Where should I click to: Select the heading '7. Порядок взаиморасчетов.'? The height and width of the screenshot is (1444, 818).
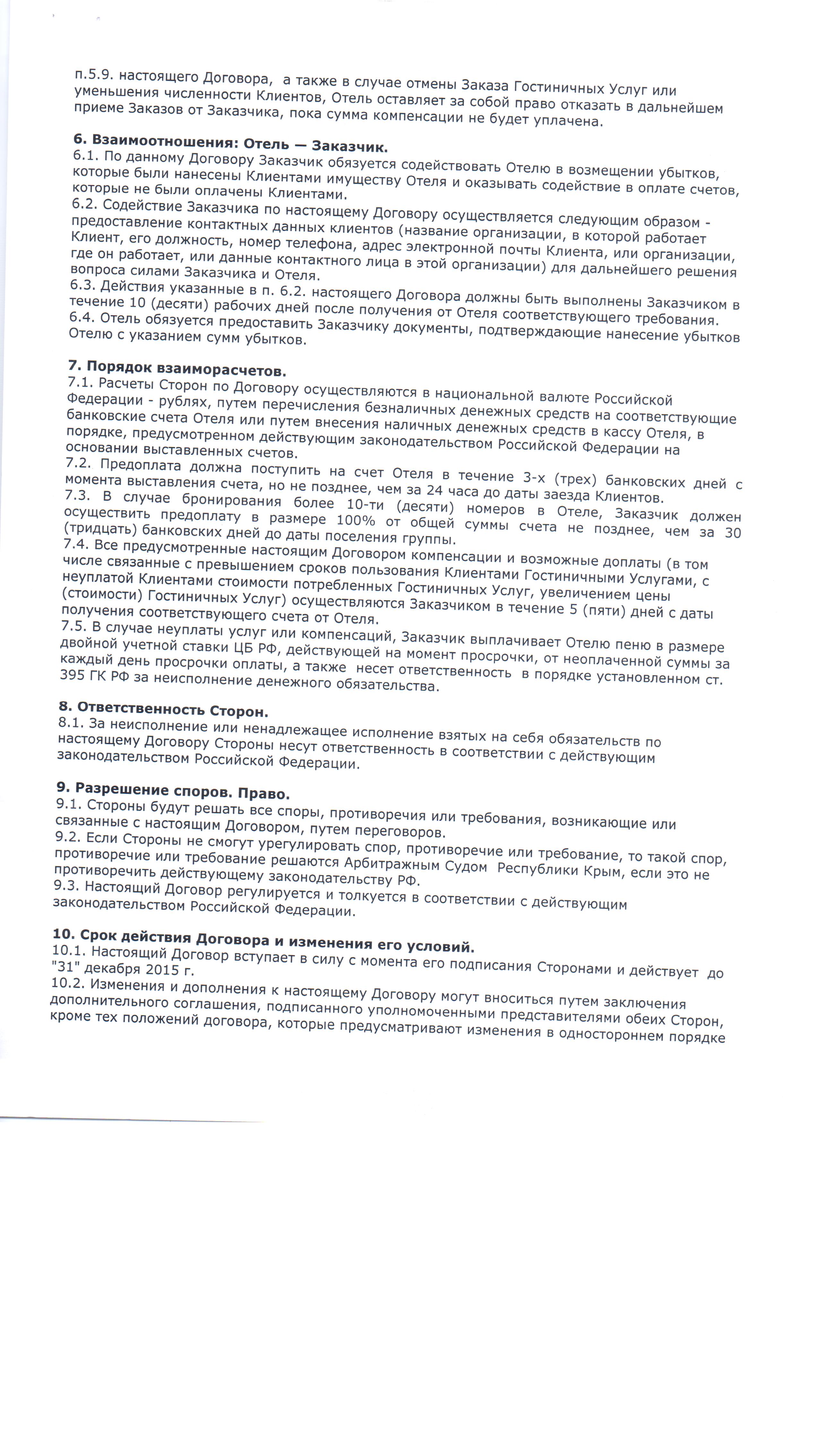pyautogui.click(x=177, y=368)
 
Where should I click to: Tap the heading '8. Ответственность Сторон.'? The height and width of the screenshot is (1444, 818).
pyautogui.click(x=163, y=709)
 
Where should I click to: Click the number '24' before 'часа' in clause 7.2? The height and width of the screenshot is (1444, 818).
pyautogui.click(x=434, y=490)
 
